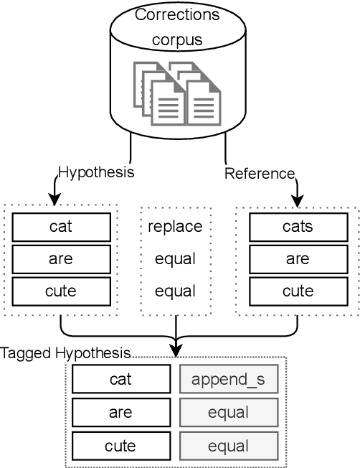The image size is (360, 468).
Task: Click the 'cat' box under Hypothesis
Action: point(62,227)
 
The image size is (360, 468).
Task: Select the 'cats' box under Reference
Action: point(297,227)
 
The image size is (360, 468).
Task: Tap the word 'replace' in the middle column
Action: point(175,227)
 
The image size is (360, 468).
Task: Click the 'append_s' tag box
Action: point(228,380)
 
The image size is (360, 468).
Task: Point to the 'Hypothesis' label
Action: point(96,173)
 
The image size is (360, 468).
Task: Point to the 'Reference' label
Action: point(260,173)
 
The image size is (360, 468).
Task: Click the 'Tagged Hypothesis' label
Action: point(65,353)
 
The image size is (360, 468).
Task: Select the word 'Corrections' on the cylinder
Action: point(178,14)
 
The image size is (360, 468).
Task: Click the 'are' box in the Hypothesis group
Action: point(62,259)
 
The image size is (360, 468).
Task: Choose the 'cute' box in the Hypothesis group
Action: point(62,291)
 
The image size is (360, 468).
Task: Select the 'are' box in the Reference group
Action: point(297,259)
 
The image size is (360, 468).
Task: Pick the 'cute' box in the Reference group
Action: point(297,291)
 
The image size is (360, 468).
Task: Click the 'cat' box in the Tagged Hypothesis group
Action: point(120,380)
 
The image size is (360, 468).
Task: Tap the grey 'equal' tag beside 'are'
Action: point(228,412)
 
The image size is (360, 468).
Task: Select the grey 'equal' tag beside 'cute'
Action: point(228,446)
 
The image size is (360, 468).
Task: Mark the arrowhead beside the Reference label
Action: point(297,199)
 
